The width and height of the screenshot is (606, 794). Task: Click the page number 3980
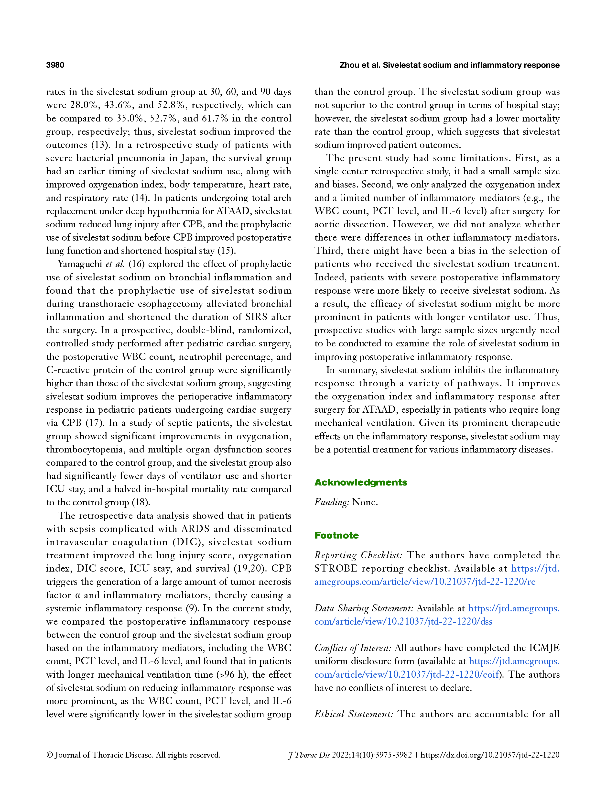55,65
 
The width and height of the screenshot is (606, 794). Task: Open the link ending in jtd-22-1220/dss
403,621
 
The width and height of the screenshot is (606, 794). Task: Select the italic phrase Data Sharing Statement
364,608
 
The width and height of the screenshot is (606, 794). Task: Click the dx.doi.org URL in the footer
490,755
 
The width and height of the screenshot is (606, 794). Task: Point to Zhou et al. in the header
359,65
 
